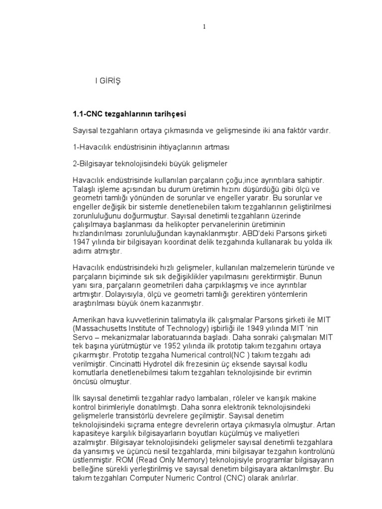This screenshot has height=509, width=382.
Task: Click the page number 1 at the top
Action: coord(204,27)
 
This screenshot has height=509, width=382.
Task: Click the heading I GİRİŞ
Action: coord(108,80)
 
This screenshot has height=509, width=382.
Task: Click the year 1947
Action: coord(81,243)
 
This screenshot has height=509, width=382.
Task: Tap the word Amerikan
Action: coord(88,321)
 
